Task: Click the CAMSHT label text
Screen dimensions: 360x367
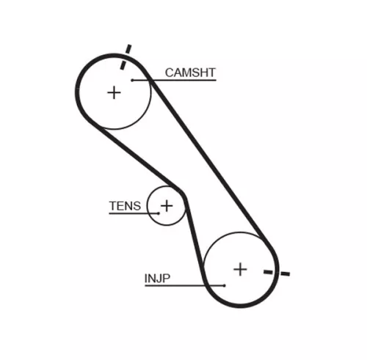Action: pyautogui.click(x=190, y=72)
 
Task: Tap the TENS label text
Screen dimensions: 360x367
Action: pyautogui.click(x=124, y=206)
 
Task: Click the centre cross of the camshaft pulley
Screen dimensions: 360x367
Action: pyautogui.click(x=114, y=92)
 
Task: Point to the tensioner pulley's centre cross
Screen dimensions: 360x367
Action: pyautogui.click(x=167, y=205)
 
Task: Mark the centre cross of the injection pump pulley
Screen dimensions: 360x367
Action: pyautogui.click(x=240, y=269)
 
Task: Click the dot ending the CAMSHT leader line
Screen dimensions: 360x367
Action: pyautogui.click(x=133, y=80)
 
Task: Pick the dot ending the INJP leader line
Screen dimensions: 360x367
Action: pyautogui.click(x=225, y=285)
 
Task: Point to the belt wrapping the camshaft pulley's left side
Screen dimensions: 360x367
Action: pyautogui.click(x=78, y=92)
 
